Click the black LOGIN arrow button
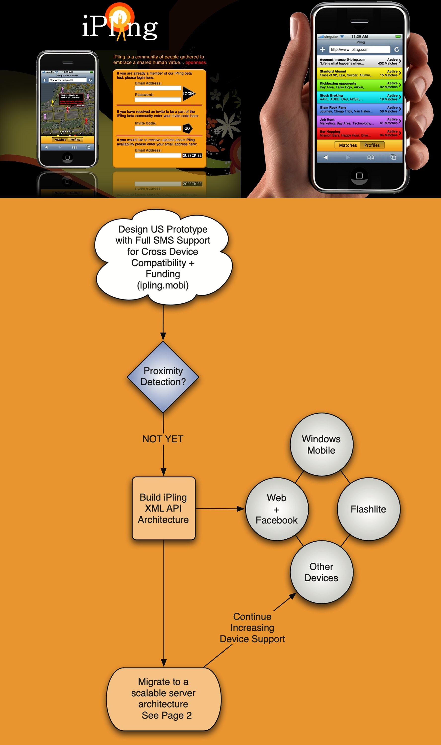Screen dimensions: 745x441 click(x=188, y=94)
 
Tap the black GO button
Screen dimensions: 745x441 click(x=187, y=128)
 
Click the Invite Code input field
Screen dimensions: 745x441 click(x=158, y=128)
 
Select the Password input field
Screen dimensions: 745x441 click(x=158, y=100)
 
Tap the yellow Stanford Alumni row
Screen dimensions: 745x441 click(x=359, y=73)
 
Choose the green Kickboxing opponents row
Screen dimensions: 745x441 click(x=359, y=85)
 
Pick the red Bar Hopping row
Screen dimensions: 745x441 click(x=359, y=133)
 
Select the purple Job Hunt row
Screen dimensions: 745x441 click(x=359, y=121)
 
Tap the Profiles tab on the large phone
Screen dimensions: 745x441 click(x=372, y=145)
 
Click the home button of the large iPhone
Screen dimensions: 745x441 click(x=359, y=176)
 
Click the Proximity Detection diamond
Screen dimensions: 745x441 click(x=163, y=376)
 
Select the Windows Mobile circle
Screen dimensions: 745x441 click(x=321, y=445)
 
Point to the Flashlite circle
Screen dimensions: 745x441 click(x=368, y=509)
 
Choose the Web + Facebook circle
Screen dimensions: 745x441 click(x=277, y=509)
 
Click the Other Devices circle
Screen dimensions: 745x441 click(x=321, y=572)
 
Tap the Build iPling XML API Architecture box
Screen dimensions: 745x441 click(x=163, y=508)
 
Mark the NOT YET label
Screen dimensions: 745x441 click(x=163, y=439)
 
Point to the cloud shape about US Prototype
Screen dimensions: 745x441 click(x=163, y=257)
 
